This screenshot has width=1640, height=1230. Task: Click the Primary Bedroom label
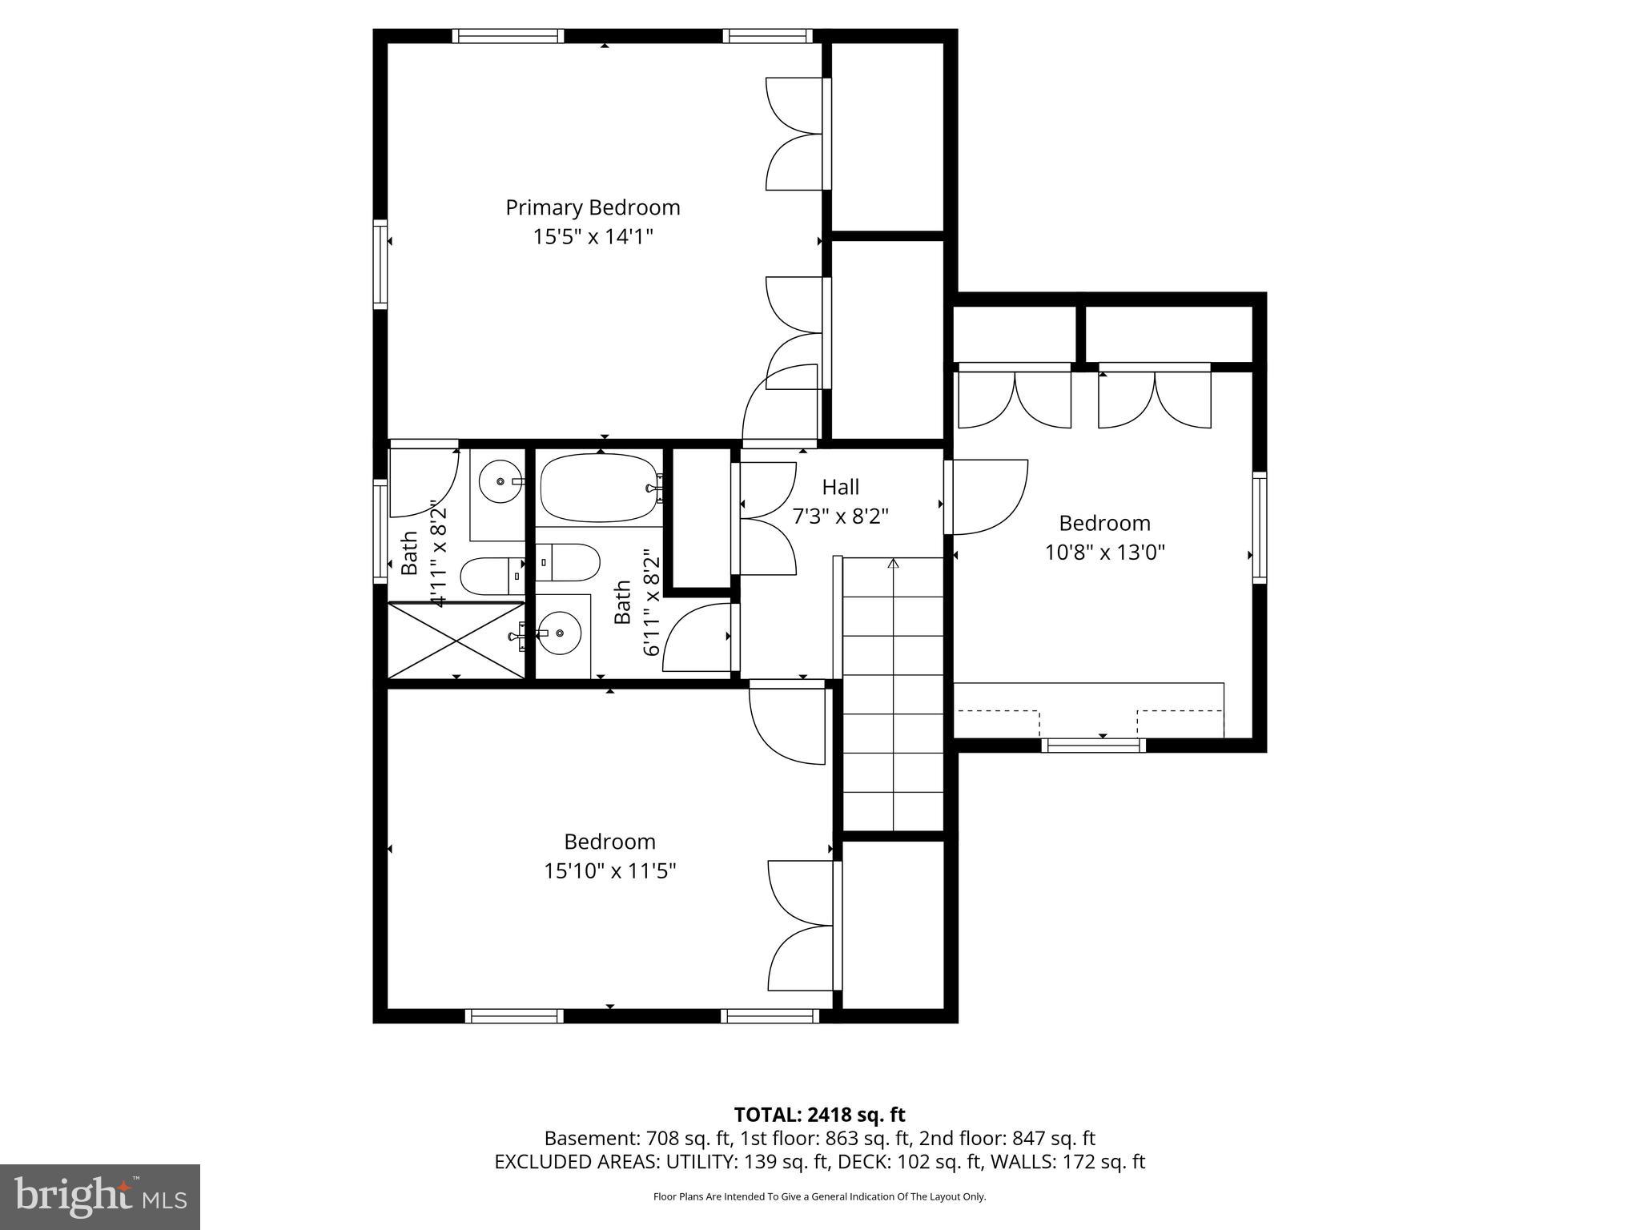coord(593,207)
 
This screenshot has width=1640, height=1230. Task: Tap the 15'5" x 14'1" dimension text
coord(593,237)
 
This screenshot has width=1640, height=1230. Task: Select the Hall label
coord(840,487)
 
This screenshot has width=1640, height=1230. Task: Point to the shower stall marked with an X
coord(455,640)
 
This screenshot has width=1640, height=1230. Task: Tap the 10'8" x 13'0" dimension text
coord(1104,553)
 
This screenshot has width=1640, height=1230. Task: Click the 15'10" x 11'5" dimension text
coord(610,870)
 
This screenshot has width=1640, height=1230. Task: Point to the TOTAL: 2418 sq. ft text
coord(819,1115)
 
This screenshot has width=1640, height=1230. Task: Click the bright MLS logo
coord(100,1196)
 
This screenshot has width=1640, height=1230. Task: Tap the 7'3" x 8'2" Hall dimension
coord(840,517)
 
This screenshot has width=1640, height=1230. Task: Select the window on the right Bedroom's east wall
coord(1259,526)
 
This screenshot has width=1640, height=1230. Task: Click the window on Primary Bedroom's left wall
coord(380,264)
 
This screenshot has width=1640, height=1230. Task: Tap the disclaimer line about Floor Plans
coord(819,1196)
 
